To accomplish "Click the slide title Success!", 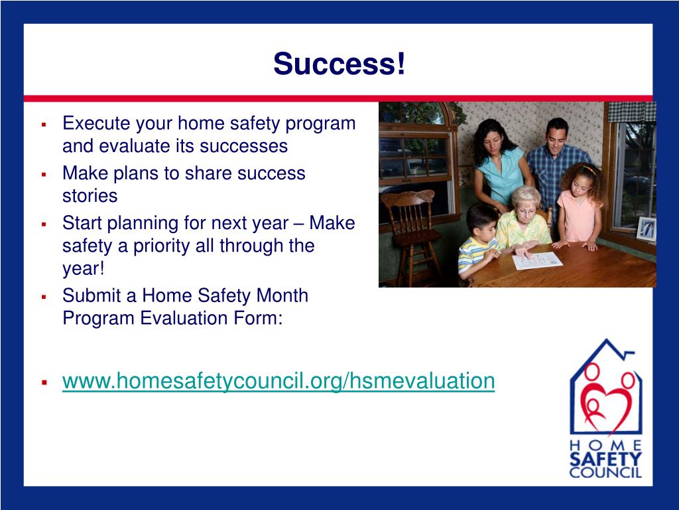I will (339, 64).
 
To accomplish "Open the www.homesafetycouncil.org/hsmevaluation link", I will (278, 381).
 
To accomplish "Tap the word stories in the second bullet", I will (90, 196).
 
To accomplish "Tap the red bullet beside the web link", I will (44, 382).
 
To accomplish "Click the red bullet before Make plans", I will (44, 174).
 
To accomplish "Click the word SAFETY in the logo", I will (605, 459).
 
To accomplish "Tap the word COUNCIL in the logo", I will (605, 473).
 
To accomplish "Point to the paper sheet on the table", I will (537, 260).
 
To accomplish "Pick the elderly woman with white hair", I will (523, 219).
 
